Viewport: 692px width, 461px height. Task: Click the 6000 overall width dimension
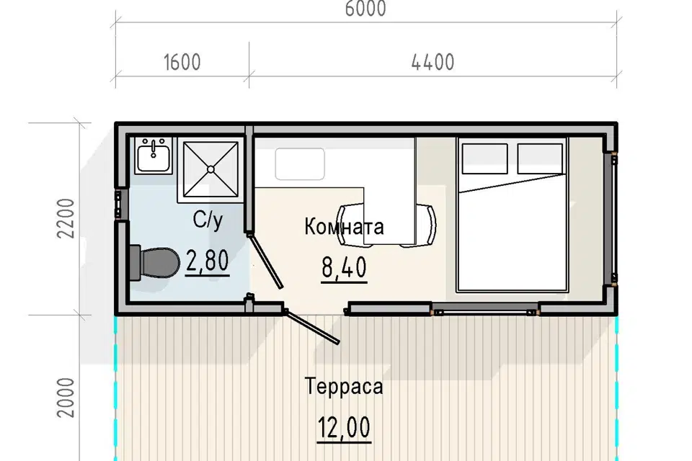(x=365, y=9)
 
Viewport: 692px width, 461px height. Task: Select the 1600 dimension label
(x=182, y=62)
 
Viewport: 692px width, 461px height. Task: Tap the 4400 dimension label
(x=433, y=62)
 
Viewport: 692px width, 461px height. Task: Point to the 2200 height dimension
(x=66, y=219)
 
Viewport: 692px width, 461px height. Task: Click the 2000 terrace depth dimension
(x=66, y=398)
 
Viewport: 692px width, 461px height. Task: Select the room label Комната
(x=344, y=227)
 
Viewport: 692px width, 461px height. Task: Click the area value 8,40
(x=345, y=268)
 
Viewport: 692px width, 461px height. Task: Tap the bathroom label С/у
(x=208, y=220)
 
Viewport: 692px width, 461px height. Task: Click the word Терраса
(x=344, y=386)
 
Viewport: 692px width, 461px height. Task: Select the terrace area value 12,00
(x=345, y=428)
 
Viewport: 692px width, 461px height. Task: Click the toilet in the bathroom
(x=155, y=263)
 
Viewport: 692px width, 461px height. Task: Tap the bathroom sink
(x=153, y=156)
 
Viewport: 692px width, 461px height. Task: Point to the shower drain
(x=210, y=169)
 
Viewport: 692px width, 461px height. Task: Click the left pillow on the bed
(x=484, y=158)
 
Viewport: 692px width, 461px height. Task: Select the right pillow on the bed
(x=540, y=158)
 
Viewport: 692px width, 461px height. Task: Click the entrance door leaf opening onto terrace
(x=312, y=327)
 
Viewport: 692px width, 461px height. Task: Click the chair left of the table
(x=351, y=225)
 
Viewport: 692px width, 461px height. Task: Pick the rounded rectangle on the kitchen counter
(x=300, y=164)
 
